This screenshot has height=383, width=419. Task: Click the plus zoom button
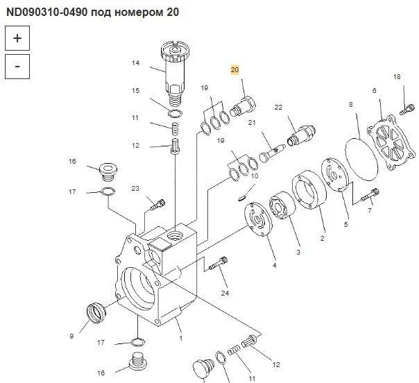pos(17,38)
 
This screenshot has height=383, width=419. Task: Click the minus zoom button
pos(17,67)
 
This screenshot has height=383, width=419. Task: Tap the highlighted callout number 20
pos(234,70)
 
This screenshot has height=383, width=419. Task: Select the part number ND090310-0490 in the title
pos(47,12)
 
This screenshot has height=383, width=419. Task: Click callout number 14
pos(136,63)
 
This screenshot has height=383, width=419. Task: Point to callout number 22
pos(278,107)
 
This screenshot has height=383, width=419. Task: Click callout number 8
pos(351,104)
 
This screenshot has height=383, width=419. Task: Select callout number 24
pos(225,293)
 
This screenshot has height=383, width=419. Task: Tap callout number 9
pos(71,336)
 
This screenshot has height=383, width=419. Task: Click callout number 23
pos(135,189)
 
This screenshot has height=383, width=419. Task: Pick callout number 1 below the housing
pos(181,339)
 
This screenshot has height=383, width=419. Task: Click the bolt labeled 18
pos(407,110)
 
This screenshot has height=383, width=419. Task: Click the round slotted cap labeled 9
pos(96,313)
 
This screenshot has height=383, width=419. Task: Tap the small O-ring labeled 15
pos(176,113)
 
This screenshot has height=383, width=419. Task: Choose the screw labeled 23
pos(158,205)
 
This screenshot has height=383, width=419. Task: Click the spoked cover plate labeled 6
pos(391,142)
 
